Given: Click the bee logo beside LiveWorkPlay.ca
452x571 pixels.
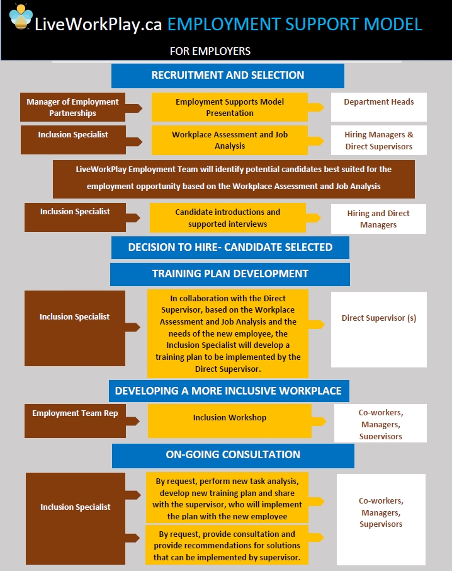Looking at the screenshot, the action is click(x=21, y=17).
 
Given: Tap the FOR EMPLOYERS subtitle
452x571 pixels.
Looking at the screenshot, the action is click(x=210, y=51).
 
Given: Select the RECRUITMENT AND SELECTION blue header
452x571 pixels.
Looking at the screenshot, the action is click(x=228, y=76).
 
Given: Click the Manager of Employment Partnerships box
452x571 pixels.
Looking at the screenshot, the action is click(x=73, y=107).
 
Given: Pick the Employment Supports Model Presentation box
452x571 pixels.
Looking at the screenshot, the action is click(x=230, y=107).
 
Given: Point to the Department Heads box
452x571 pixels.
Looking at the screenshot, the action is click(x=379, y=107).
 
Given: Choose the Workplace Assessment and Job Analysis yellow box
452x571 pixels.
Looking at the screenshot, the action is click(x=230, y=140).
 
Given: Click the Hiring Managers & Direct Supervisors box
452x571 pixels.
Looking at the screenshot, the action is click(x=379, y=140).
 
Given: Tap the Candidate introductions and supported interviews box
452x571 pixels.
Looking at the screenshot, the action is click(x=228, y=218).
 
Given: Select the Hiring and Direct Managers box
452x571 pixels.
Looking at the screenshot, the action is click(x=378, y=219).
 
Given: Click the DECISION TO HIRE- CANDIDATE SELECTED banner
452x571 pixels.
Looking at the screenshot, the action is click(x=230, y=248).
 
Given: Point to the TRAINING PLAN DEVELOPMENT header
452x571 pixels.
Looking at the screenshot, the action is click(x=230, y=274).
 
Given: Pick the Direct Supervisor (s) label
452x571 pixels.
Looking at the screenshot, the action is click(x=379, y=318).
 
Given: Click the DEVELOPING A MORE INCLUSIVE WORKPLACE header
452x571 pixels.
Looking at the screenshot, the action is click(x=229, y=391).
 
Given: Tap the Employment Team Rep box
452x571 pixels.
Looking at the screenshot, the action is click(x=76, y=421).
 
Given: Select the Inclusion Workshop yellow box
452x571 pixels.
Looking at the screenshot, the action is click(x=230, y=421).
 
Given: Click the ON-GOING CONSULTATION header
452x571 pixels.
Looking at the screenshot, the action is click(x=233, y=456).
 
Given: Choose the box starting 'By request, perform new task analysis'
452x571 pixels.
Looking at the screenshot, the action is click(x=227, y=498).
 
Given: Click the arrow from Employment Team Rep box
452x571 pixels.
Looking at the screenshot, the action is click(x=133, y=422).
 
